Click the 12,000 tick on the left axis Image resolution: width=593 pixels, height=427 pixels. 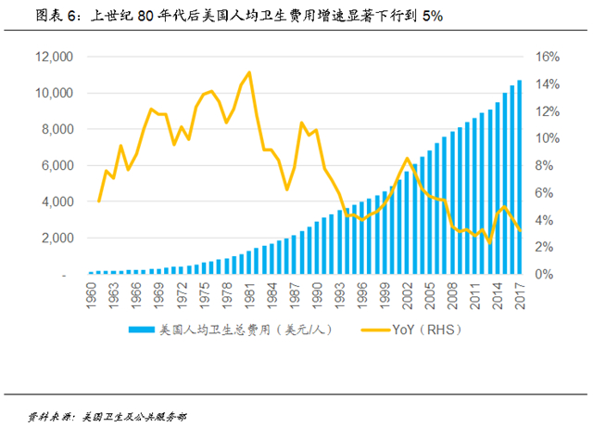53,58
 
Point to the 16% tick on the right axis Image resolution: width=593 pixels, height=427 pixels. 548,58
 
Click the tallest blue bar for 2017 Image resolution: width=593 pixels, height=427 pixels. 520,176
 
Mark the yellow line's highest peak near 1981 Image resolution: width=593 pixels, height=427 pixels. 248,72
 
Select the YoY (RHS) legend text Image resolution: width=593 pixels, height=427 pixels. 426,330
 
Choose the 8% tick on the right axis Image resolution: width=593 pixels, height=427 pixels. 548,166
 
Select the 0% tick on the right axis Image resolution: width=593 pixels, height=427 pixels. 548,275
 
